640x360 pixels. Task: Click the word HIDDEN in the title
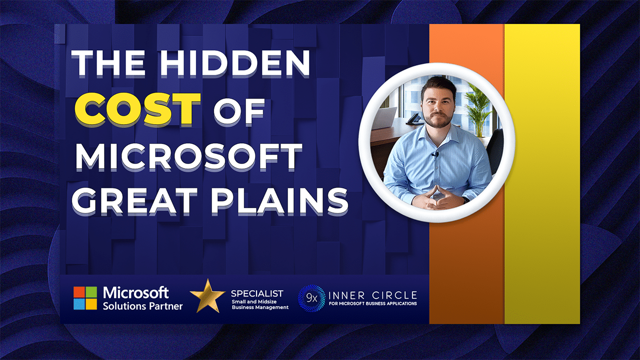tap(234, 63)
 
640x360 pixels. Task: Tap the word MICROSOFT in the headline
tap(189, 157)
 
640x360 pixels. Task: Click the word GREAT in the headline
tap(134, 201)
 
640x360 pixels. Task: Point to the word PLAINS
tap(279, 201)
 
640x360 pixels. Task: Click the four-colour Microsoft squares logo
tap(85, 298)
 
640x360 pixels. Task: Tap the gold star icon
tap(207, 296)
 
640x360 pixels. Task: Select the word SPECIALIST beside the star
tap(257, 293)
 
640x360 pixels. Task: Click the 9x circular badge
tap(311, 298)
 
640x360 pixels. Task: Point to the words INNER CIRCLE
tap(373, 295)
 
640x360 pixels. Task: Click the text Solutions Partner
tap(142, 306)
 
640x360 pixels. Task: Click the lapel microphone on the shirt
tap(434, 155)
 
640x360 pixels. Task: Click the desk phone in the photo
tap(413, 118)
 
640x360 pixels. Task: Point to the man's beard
tap(437, 120)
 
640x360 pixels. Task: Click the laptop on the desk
tap(384, 117)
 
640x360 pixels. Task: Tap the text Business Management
tap(260, 307)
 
